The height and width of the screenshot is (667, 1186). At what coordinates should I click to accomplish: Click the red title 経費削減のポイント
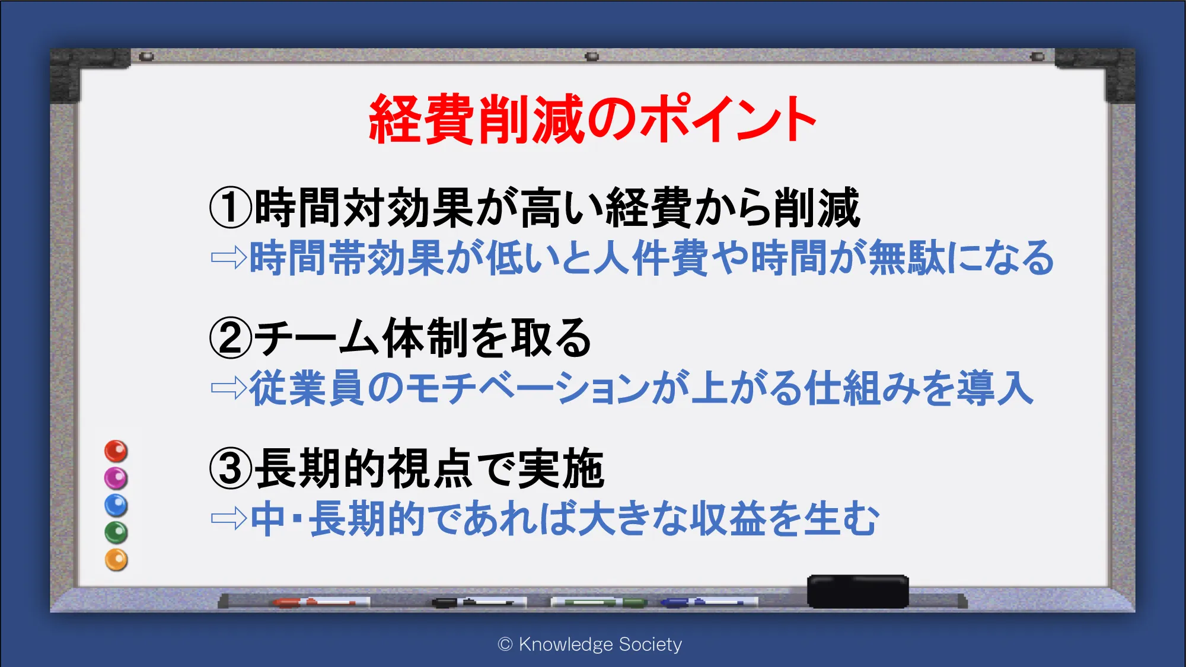pos(592,119)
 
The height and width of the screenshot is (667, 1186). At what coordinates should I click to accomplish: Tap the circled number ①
pos(231,208)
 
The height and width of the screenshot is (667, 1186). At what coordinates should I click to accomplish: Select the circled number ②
pos(231,338)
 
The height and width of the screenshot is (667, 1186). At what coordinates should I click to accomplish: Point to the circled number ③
pos(231,468)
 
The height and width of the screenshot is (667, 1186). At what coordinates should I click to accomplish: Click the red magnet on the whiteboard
pos(116,451)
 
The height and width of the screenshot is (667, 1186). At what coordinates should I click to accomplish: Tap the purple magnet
pos(116,478)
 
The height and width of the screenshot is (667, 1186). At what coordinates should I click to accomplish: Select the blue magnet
pos(116,505)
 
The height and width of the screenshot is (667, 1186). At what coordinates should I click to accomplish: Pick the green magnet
pos(116,532)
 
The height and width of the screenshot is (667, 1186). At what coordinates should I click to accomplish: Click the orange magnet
pos(116,560)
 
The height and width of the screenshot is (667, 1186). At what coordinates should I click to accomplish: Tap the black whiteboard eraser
pos(857,591)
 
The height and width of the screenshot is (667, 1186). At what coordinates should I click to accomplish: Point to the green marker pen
pos(599,602)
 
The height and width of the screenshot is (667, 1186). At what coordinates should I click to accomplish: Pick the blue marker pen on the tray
pos(709,602)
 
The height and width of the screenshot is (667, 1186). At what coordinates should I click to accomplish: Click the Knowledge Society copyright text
pos(590,644)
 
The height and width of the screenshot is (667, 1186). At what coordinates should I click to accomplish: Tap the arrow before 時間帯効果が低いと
pos(229,258)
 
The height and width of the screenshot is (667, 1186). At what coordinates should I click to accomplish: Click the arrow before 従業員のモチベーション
pos(229,388)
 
